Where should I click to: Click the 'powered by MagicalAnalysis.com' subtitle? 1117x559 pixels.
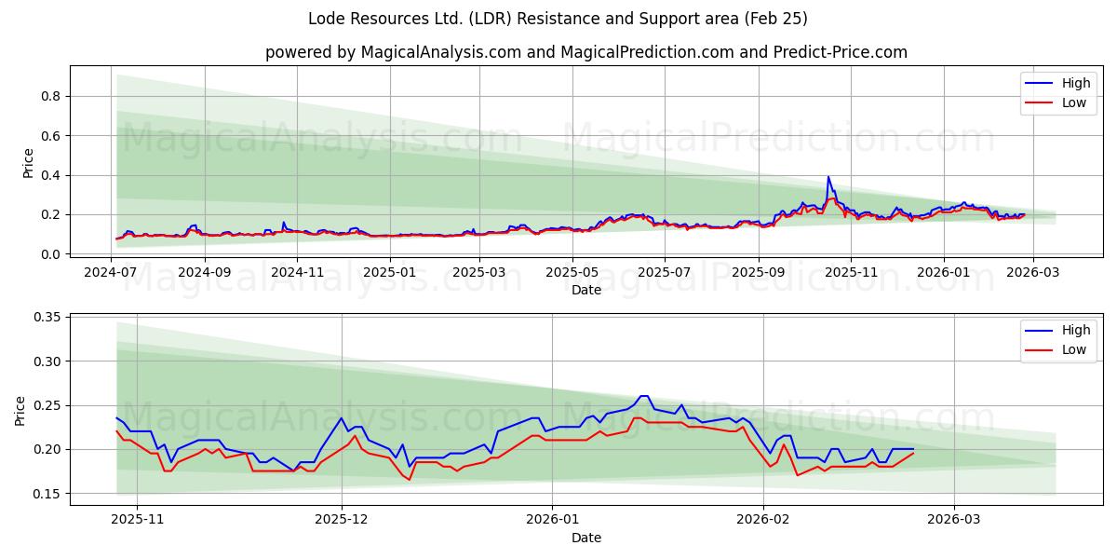click(x=585, y=52)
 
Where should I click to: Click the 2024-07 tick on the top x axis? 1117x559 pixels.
click(x=112, y=272)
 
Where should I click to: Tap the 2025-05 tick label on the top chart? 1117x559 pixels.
click(x=572, y=272)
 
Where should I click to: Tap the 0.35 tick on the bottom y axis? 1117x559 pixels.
click(x=46, y=318)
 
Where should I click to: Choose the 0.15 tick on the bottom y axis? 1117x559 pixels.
click(x=46, y=494)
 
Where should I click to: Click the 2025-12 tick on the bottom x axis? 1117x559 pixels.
click(x=342, y=520)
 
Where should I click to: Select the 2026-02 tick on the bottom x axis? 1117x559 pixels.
click(x=763, y=520)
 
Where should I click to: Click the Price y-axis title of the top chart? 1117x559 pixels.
click(x=28, y=163)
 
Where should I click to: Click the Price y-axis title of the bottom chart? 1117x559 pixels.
click(x=20, y=410)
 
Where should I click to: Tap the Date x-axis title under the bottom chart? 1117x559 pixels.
click(x=585, y=538)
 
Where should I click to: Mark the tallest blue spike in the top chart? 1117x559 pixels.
click(x=828, y=177)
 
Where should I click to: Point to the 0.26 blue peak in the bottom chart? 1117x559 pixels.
click(x=643, y=396)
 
